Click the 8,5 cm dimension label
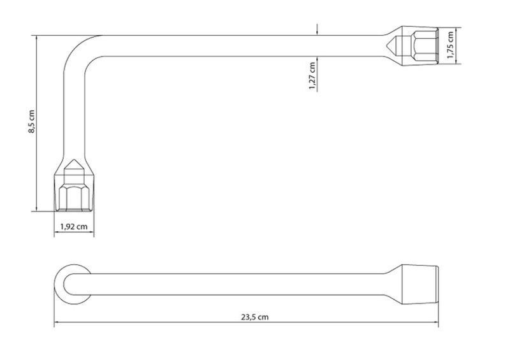(x=31, y=122)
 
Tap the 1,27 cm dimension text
(x=312, y=76)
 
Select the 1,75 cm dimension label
(x=450, y=45)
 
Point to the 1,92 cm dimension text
(x=74, y=226)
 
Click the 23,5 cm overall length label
(x=254, y=317)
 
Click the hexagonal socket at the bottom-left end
(x=74, y=198)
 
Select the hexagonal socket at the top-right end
(x=424, y=45)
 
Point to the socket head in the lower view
(x=420, y=285)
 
